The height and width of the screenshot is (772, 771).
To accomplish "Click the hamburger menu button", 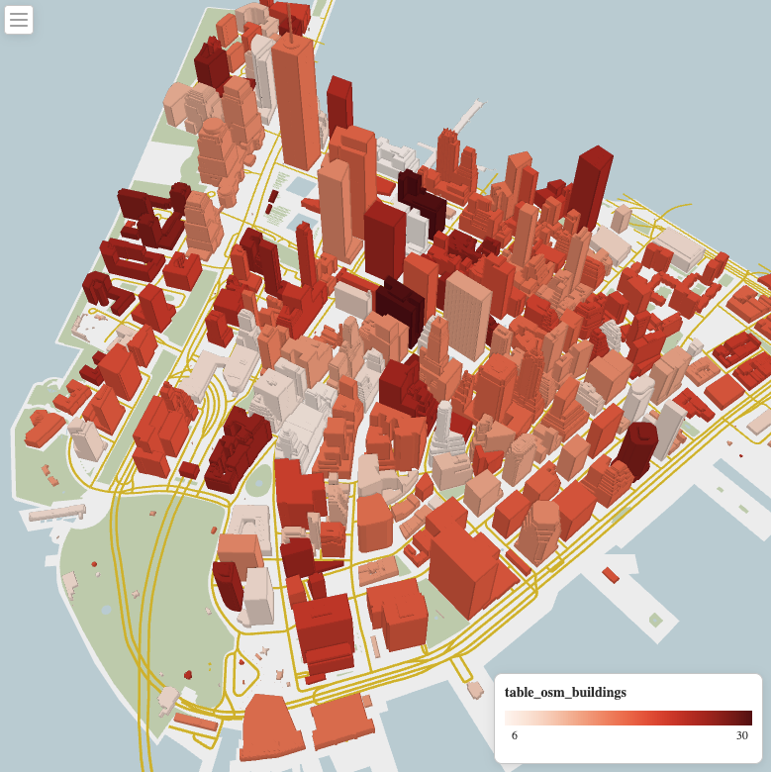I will pyautogui.click(x=19, y=19).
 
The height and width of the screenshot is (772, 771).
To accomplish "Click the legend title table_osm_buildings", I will pyautogui.click(x=565, y=692).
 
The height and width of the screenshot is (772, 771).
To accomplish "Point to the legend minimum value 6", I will pyautogui.click(x=514, y=735).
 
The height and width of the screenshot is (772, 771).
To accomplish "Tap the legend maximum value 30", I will pyautogui.click(x=741, y=735).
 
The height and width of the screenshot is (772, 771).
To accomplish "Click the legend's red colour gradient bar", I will pyautogui.click(x=627, y=718).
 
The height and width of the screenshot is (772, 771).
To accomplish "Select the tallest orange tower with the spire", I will pyautogui.click(x=296, y=99).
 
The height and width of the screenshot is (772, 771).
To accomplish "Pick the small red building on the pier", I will pyautogui.click(x=611, y=575).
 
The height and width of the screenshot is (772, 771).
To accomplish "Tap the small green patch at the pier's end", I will pyautogui.click(x=655, y=620).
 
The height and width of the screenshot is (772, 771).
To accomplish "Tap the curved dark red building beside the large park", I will pyautogui.click(x=227, y=584).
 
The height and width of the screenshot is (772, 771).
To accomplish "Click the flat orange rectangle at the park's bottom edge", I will pyautogui.click(x=196, y=722).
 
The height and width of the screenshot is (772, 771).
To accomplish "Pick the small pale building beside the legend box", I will pyautogui.click(x=758, y=423).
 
